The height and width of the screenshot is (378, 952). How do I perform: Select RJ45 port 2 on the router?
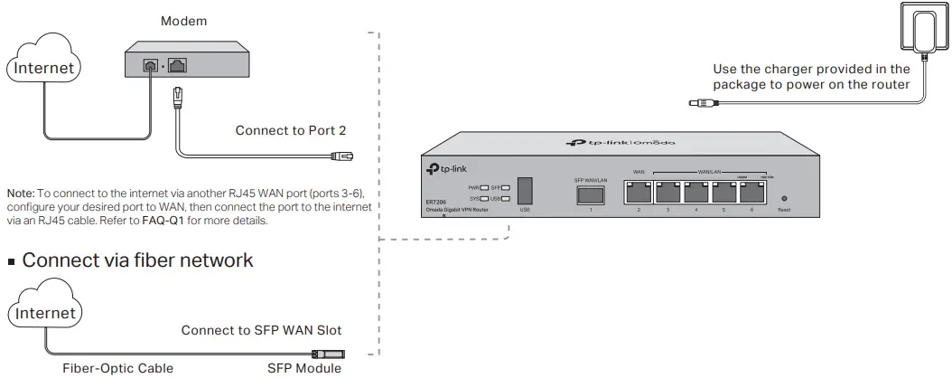click(x=639, y=192)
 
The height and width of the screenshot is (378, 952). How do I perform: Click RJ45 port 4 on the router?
click(x=695, y=192)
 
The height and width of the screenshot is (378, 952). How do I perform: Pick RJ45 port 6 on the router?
click(x=751, y=192)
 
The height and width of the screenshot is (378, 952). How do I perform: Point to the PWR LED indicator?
click(x=486, y=185)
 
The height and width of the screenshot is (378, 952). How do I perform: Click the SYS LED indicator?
click(x=486, y=197)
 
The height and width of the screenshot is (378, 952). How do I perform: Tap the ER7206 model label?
click(x=437, y=202)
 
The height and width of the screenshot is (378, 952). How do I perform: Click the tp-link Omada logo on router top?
click(x=621, y=142)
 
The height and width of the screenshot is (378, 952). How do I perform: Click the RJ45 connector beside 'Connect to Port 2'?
click(x=342, y=156)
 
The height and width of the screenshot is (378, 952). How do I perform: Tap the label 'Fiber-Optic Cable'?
click(x=117, y=368)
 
